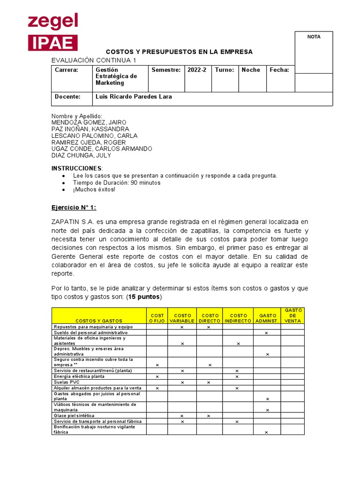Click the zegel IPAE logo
coord(52,32)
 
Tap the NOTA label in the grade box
coord(314,37)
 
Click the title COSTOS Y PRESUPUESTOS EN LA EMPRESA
coord(179,52)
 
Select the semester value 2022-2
coord(196,70)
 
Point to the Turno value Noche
coord(251,70)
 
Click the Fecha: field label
coord(279,70)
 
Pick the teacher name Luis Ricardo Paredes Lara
coord(134,97)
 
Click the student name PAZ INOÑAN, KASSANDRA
coord(90,129)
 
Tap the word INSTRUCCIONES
coord(76,168)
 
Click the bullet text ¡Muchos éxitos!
coord(94,189)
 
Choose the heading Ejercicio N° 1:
coord(73,208)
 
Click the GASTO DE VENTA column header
coord(292,315)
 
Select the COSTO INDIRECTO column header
coord(238,318)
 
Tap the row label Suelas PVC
coord(67,382)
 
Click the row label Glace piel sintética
coord(74,415)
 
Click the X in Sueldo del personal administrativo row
coord(266,333)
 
